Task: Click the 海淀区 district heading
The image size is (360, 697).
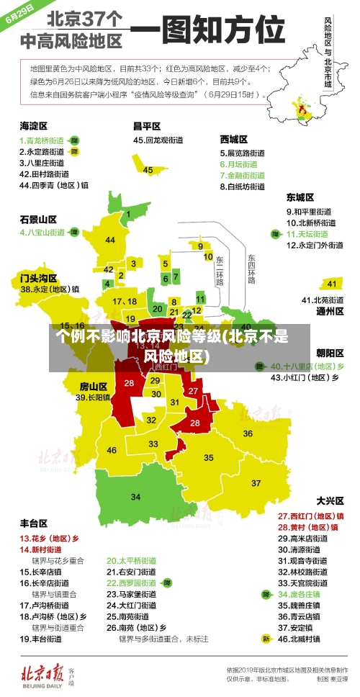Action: (x=33, y=125)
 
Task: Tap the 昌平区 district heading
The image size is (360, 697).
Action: (x=146, y=125)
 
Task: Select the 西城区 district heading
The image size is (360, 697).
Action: (x=234, y=138)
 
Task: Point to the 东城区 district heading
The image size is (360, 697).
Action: (x=300, y=197)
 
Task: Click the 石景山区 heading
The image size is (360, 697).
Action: (x=38, y=219)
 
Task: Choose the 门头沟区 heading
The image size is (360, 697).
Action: (x=38, y=277)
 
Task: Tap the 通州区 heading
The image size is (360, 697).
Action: (x=329, y=312)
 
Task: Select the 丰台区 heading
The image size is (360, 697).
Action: (x=33, y=523)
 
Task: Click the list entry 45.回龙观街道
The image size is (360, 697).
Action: (x=160, y=140)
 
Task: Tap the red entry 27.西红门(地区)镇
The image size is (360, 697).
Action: (x=310, y=516)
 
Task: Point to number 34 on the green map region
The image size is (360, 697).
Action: (x=135, y=497)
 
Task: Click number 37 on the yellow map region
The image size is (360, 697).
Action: (x=256, y=482)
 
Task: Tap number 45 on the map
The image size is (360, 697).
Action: (x=148, y=170)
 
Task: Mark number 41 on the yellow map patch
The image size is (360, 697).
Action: (x=332, y=284)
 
